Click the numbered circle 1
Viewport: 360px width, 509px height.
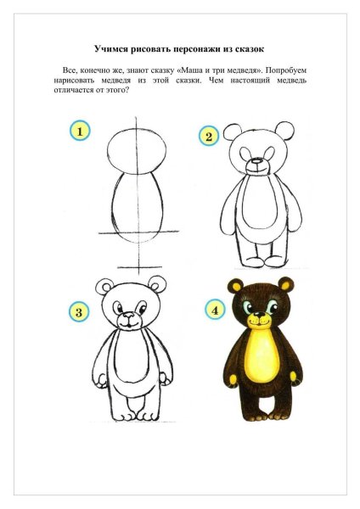(80, 131)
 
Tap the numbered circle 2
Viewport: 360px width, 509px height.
(209, 137)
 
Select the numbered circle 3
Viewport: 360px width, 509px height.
(79, 312)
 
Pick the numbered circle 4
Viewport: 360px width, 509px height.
(215, 310)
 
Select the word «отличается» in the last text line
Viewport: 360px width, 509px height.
(70, 90)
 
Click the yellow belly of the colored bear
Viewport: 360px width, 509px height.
(265, 356)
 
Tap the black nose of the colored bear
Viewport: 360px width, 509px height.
(259, 315)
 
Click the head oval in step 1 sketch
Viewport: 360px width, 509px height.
(137, 152)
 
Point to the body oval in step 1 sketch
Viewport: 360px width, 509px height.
(137, 207)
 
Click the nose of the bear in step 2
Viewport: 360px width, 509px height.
(257, 162)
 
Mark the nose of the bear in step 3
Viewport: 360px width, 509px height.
(129, 316)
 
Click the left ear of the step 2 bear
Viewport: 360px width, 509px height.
(232, 132)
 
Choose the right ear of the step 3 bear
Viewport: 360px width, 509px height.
(158, 284)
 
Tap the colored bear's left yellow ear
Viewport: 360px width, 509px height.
(238, 286)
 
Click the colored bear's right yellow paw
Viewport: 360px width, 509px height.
(293, 376)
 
